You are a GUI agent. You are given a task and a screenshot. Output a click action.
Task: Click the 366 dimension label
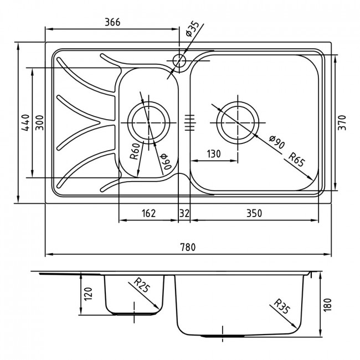coord(112,22)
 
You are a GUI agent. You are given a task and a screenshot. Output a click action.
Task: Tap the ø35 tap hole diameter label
coord(192,28)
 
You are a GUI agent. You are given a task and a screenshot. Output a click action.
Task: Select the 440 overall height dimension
coord(25,122)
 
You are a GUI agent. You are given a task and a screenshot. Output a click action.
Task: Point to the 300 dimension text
coord(40,122)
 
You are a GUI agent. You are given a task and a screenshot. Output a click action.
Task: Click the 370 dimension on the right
coord(342,122)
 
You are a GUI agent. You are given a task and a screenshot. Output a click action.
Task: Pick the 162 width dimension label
coord(149,213)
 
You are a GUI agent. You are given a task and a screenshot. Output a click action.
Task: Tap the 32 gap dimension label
coord(184,213)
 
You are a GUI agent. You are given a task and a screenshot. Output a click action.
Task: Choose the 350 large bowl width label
coord(254,213)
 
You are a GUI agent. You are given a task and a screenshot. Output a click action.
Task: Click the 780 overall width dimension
coord(188,247)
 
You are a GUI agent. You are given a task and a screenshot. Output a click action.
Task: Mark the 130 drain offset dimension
coord(214,154)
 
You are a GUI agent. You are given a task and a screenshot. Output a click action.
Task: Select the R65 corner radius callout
coord(296,160)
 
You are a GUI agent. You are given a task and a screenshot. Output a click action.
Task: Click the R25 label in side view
coord(142,285)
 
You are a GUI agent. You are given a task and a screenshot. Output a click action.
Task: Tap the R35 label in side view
coord(282,306)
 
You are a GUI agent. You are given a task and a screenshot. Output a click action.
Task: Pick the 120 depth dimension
coord(89,294)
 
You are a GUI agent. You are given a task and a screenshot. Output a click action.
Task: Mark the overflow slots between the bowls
coord(189,122)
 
